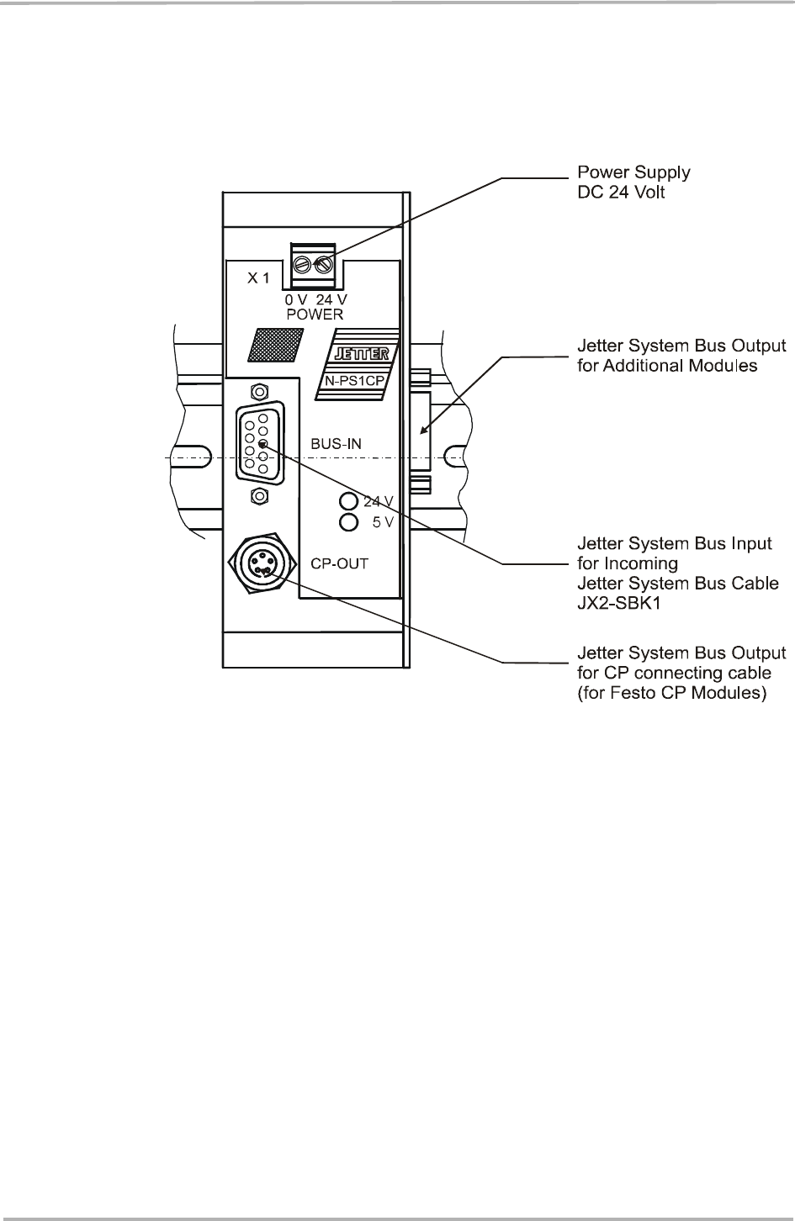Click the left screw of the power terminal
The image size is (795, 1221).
click(x=302, y=265)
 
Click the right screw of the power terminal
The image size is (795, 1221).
click(x=322, y=265)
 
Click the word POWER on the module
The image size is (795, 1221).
click(x=315, y=314)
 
